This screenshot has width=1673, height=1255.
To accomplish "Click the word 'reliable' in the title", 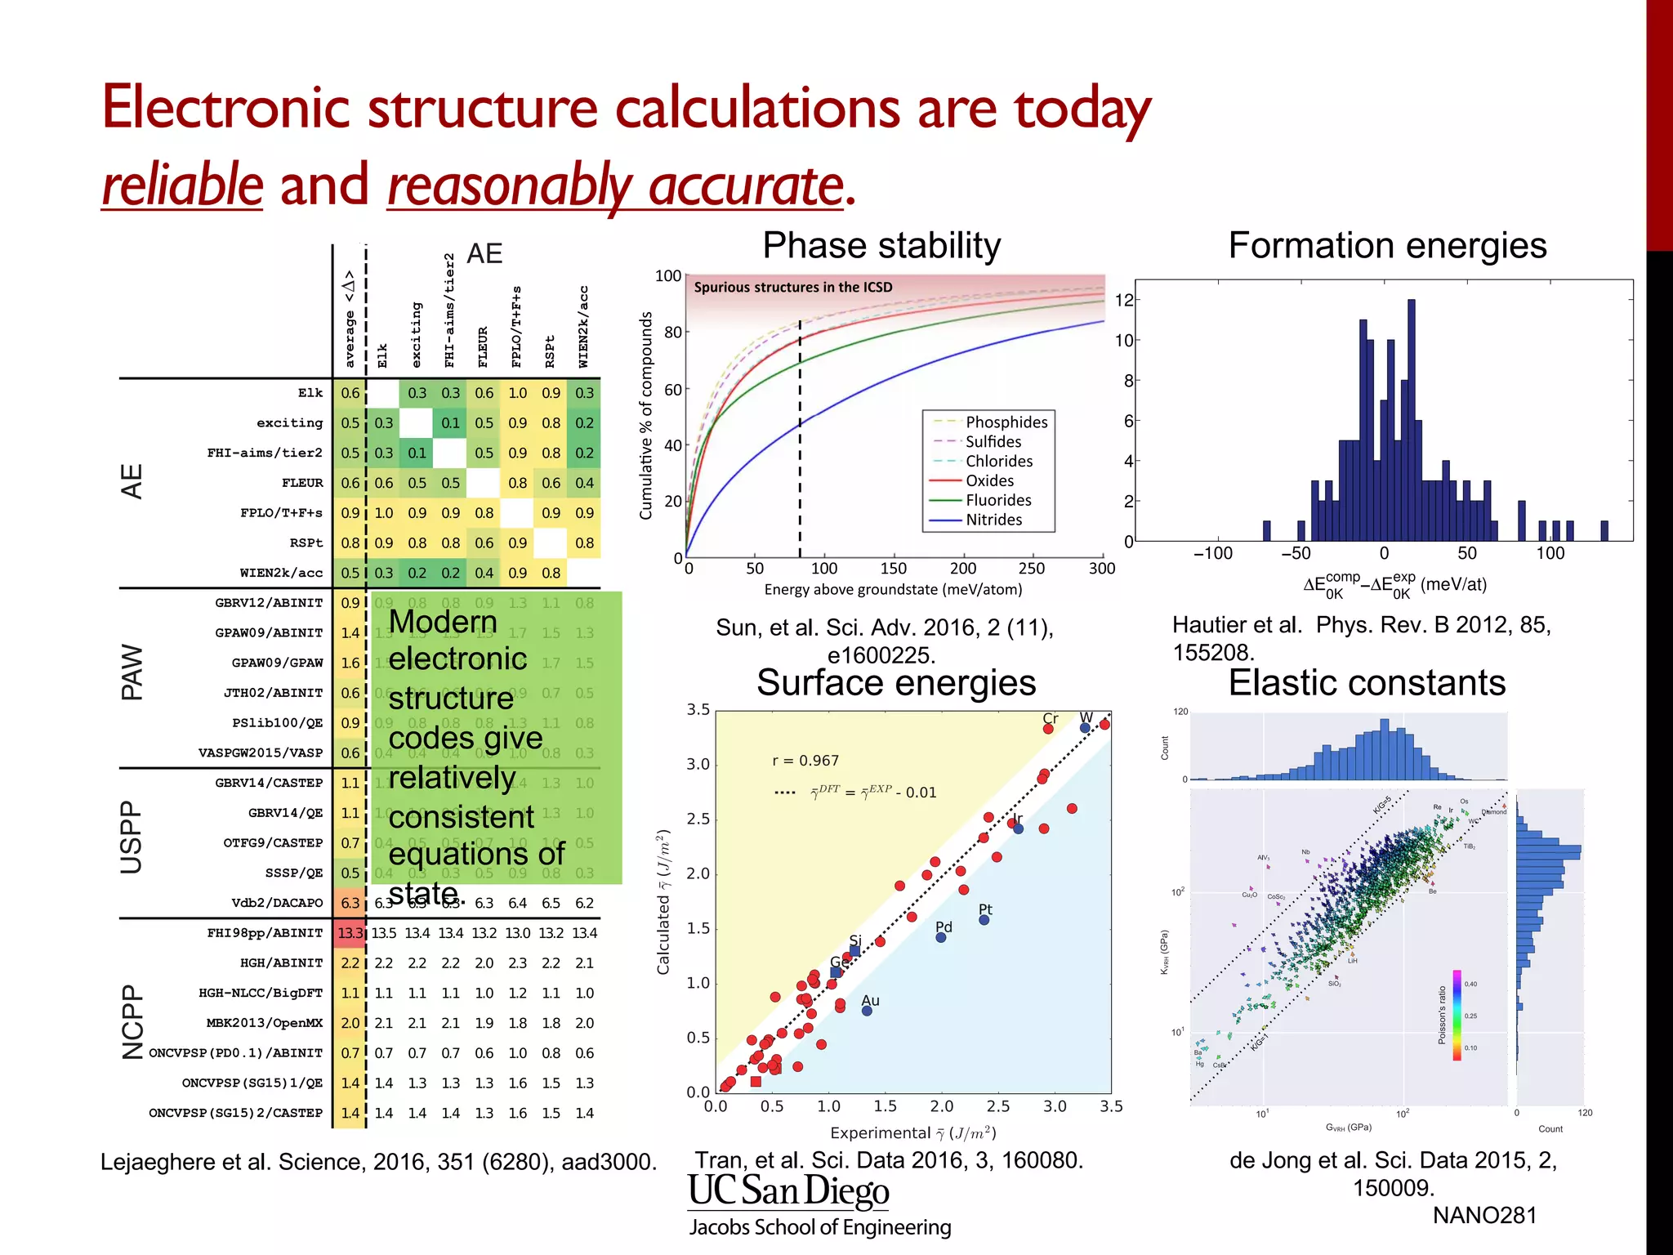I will pyautogui.click(x=182, y=185).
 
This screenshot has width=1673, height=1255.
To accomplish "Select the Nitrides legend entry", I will pyautogui.click(x=993, y=520).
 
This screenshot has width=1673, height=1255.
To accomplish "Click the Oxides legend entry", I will pyautogui.click(x=989, y=480).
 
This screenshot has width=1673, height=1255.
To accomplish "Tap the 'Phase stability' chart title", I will pyautogui.click(x=881, y=245).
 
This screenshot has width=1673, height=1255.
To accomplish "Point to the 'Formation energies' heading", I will pyautogui.click(x=1387, y=245).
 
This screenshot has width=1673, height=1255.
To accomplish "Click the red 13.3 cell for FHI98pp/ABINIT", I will pyautogui.click(x=350, y=933).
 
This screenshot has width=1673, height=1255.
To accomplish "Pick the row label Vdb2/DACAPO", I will pyautogui.click(x=277, y=903).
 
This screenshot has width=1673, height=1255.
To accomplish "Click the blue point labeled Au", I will pyautogui.click(x=867, y=1011).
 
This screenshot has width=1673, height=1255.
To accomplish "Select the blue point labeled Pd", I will pyautogui.click(x=941, y=937).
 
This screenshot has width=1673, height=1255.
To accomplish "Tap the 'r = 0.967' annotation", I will pyautogui.click(x=805, y=761).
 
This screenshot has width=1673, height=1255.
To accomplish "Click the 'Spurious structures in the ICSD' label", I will pyautogui.click(x=792, y=288).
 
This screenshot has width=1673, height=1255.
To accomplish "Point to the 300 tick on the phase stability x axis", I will pyautogui.click(x=1101, y=569).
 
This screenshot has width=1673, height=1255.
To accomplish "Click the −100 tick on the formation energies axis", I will pyautogui.click(x=1213, y=554).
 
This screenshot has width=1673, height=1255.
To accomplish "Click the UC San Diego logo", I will pyautogui.click(x=788, y=1191).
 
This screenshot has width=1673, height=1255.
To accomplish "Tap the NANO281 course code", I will pyautogui.click(x=1484, y=1216).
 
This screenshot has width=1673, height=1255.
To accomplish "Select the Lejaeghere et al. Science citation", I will pyautogui.click(x=378, y=1162).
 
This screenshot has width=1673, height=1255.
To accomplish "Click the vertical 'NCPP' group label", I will pyautogui.click(x=132, y=1021).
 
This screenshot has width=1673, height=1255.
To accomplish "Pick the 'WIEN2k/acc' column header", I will pyautogui.click(x=583, y=327).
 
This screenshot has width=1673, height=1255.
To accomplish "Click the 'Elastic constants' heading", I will pyautogui.click(x=1367, y=682).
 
